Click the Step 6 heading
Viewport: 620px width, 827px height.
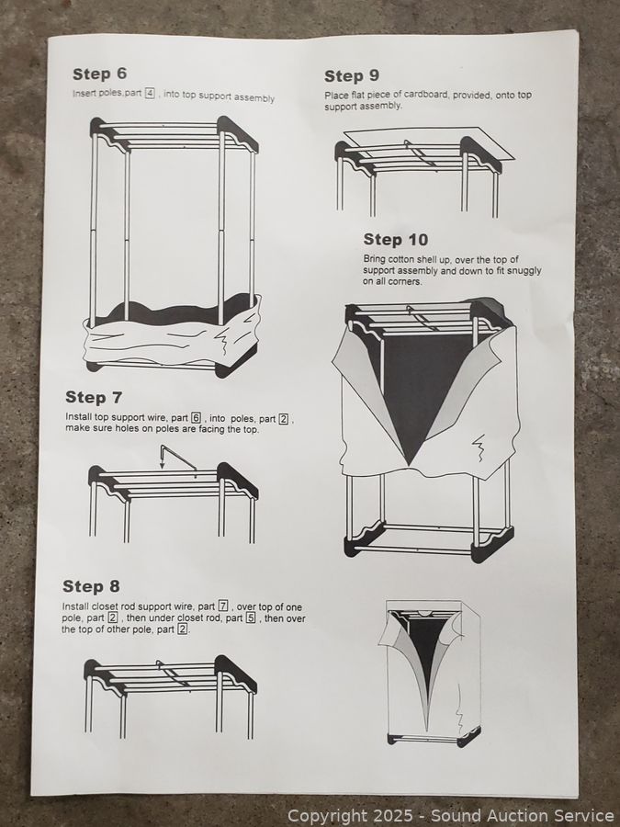[x=99, y=74]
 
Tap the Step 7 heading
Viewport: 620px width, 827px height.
[x=94, y=397]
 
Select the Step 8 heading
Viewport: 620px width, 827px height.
[x=91, y=586]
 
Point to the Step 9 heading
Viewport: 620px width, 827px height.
[x=352, y=76]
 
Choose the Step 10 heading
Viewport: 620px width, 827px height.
[x=395, y=240]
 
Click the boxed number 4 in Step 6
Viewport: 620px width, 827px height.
[x=150, y=94]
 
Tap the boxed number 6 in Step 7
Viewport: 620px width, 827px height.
[x=196, y=418]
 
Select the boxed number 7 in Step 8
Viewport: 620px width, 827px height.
[x=223, y=606]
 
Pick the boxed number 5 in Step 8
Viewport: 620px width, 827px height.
[x=251, y=617]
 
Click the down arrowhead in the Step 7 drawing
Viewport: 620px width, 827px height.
[x=163, y=465]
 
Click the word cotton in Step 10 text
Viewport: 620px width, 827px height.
[x=401, y=259]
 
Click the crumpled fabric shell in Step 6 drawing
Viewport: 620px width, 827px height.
[x=173, y=334]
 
